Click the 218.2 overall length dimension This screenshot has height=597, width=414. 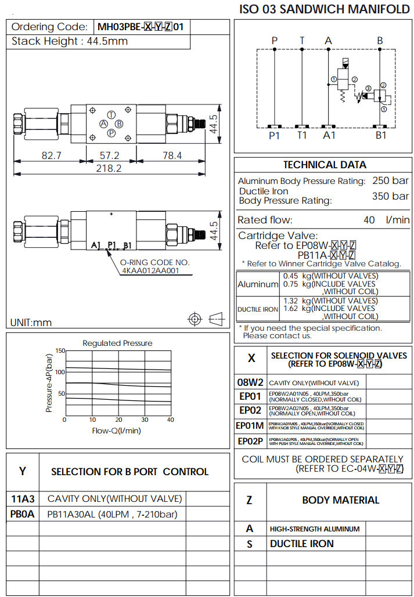[x=109, y=168]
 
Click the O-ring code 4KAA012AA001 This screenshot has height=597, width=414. [x=150, y=270]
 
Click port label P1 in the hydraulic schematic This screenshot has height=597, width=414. [x=274, y=136]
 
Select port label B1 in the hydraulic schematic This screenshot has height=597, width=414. [x=380, y=136]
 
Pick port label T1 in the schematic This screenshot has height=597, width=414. [x=302, y=136]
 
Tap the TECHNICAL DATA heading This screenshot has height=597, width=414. [x=325, y=165]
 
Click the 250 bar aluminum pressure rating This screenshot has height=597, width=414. [x=390, y=181]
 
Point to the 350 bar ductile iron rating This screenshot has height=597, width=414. [x=390, y=196]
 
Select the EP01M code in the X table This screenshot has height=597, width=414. [x=250, y=426]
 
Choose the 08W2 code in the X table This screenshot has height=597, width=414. [x=250, y=383]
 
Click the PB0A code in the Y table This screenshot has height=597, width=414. [x=23, y=514]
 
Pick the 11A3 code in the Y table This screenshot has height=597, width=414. [x=23, y=499]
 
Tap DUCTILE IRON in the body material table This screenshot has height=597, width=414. [x=302, y=544]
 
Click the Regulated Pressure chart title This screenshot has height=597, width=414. [x=117, y=343]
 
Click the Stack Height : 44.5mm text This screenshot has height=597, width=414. [x=70, y=41]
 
